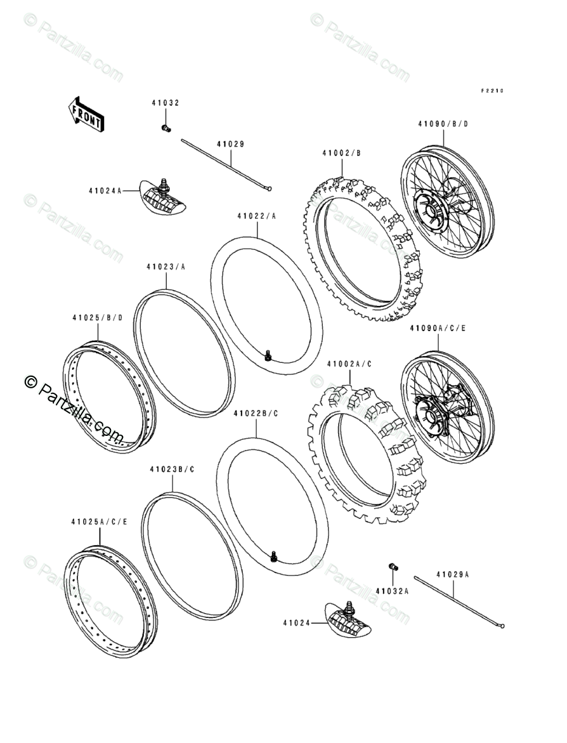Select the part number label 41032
pyautogui.click(x=165, y=103)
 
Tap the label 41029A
pyautogui.click(x=452, y=574)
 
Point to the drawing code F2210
pyautogui.click(x=491, y=91)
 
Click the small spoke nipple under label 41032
pyautogui.click(x=166, y=128)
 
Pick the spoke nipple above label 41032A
pyautogui.click(x=393, y=566)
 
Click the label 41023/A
pyautogui.click(x=166, y=267)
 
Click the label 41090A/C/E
pyautogui.click(x=438, y=328)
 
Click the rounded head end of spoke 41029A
pyautogui.click(x=502, y=626)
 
